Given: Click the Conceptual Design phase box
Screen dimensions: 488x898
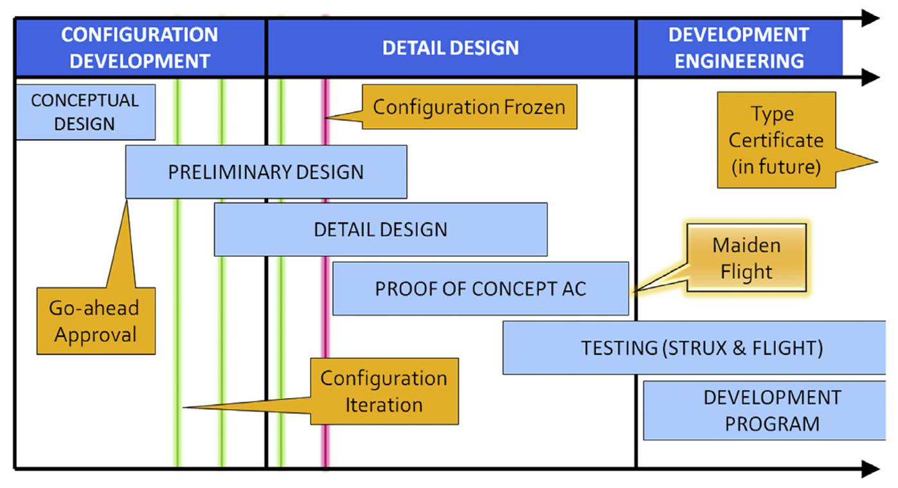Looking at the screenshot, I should click(x=85, y=112).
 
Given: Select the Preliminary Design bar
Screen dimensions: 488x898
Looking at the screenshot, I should click(x=265, y=172).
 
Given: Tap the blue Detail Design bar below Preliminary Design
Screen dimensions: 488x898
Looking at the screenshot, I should click(x=381, y=230).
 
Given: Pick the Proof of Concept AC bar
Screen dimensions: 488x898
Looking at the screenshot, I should click(x=480, y=288).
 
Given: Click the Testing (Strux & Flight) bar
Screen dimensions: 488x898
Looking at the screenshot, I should click(x=701, y=348).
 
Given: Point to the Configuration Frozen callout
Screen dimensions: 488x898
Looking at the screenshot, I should click(x=469, y=107).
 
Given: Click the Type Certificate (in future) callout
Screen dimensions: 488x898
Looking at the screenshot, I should click(x=776, y=140).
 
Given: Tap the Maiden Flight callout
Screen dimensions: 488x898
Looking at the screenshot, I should click(x=746, y=258).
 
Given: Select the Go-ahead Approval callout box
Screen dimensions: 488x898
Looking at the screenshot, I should click(x=96, y=321).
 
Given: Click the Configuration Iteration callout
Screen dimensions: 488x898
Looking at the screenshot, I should click(x=384, y=391).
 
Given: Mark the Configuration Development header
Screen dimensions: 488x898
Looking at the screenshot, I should click(x=139, y=48).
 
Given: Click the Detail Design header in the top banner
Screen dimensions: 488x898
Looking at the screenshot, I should click(x=450, y=48).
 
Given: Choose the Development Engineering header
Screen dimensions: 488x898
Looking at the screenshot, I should click(x=739, y=48).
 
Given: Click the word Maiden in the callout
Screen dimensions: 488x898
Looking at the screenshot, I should click(x=746, y=245).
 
